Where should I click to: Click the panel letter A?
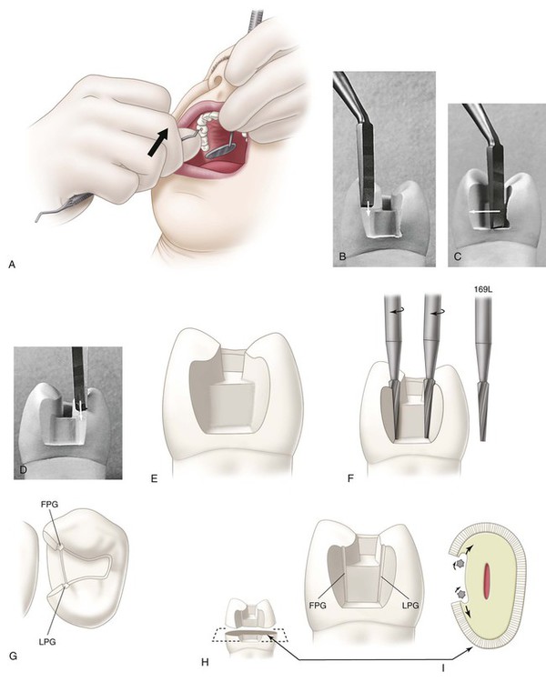click(12, 264)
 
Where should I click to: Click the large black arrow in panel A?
click(157, 141)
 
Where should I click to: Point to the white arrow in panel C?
click(484, 211)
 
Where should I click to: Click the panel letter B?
click(343, 256)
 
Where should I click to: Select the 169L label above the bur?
click(482, 288)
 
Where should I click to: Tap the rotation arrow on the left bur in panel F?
click(396, 311)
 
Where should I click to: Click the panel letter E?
click(153, 479)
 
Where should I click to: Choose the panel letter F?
click(351, 479)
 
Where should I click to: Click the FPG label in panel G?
click(49, 505)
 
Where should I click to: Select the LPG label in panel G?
click(47, 642)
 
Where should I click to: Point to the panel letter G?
click(13, 656)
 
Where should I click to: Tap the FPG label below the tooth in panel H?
click(318, 606)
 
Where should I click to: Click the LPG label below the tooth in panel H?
click(410, 606)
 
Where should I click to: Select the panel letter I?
click(443, 666)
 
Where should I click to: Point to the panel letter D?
click(24, 469)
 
